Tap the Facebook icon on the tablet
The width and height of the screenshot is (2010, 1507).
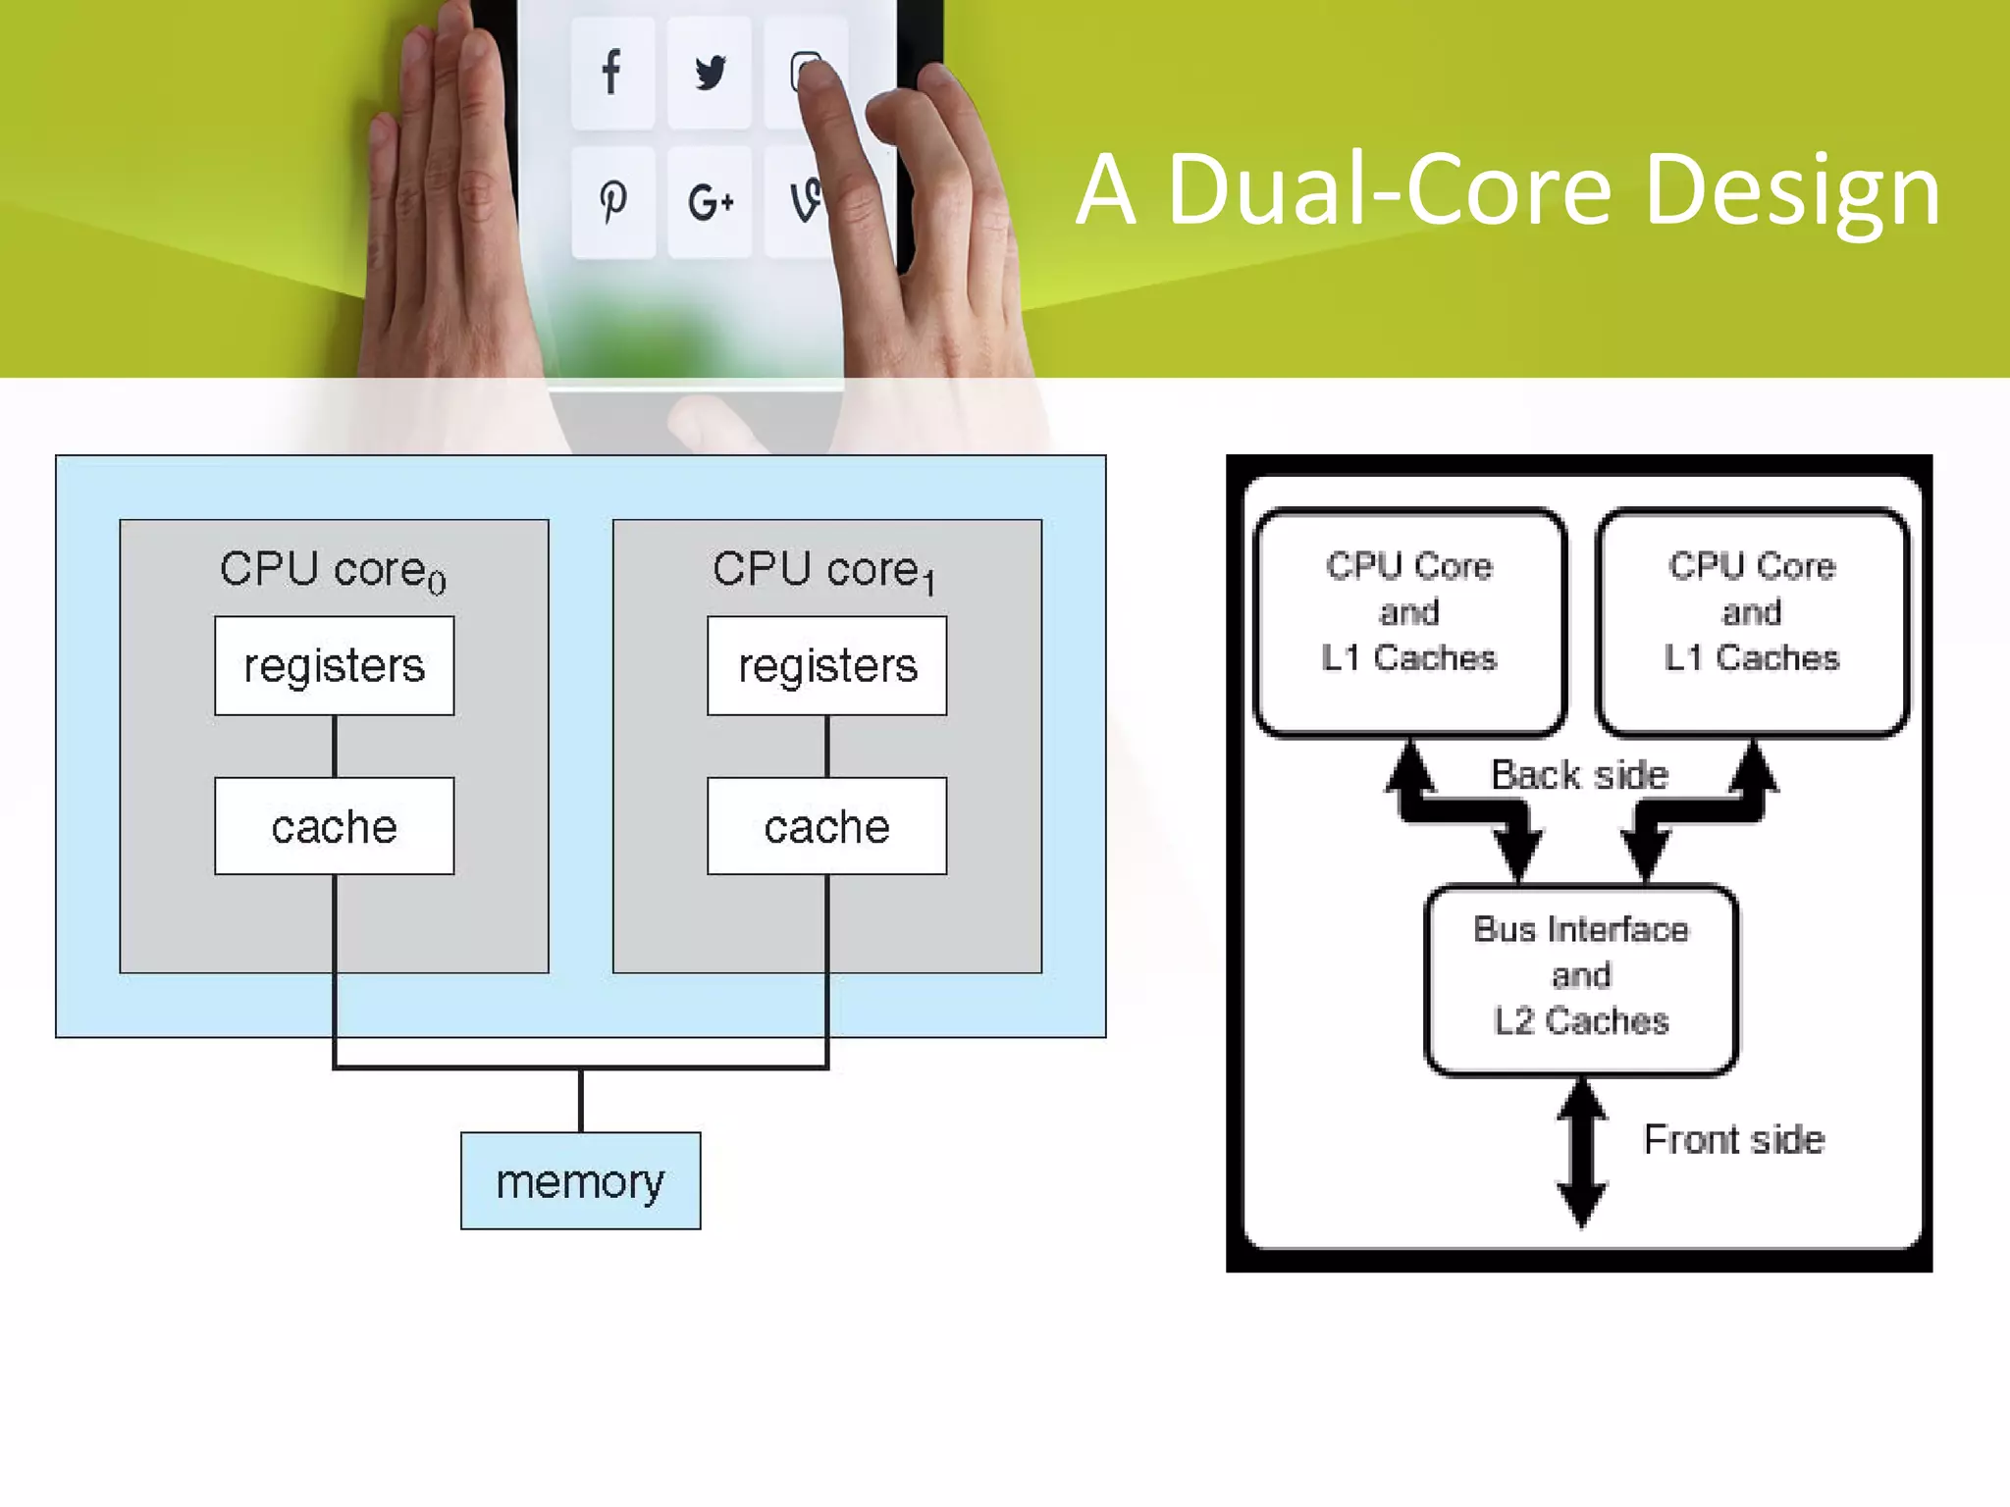(x=611, y=72)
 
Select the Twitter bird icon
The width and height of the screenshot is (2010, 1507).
(x=710, y=72)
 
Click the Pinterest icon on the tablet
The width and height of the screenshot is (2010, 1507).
(x=612, y=201)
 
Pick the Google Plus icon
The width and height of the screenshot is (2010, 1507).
(x=710, y=203)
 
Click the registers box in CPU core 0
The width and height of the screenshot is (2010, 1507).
(x=335, y=666)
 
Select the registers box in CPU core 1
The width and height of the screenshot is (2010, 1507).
(x=827, y=666)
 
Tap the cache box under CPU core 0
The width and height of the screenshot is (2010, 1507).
(x=335, y=826)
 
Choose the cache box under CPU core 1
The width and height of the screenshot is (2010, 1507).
(x=827, y=826)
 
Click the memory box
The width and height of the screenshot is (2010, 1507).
(x=581, y=1181)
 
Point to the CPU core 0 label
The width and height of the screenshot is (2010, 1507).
(x=333, y=570)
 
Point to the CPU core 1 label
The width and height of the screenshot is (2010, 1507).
(x=824, y=570)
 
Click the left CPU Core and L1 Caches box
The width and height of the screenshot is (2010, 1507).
(x=1409, y=621)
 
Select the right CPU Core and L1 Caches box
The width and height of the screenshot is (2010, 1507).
(x=1752, y=621)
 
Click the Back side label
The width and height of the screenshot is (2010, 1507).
(x=1579, y=775)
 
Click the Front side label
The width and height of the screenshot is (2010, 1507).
(x=1734, y=1140)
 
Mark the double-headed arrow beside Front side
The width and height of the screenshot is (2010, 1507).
(x=1582, y=1153)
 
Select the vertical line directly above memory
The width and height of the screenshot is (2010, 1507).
(x=581, y=1100)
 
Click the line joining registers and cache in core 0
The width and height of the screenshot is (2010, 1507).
(x=335, y=747)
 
